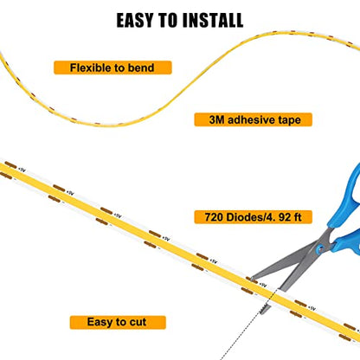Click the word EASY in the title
(135, 20)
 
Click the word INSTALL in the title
(213, 20)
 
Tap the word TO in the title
(168, 20)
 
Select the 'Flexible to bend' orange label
(112, 67)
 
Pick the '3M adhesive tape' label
(253, 119)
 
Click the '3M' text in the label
(216, 119)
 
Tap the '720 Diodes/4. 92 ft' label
(253, 217)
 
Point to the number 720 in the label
(214, 217)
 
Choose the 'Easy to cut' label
(118, 322)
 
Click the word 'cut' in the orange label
(138, 322)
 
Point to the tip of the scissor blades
(250, 279)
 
